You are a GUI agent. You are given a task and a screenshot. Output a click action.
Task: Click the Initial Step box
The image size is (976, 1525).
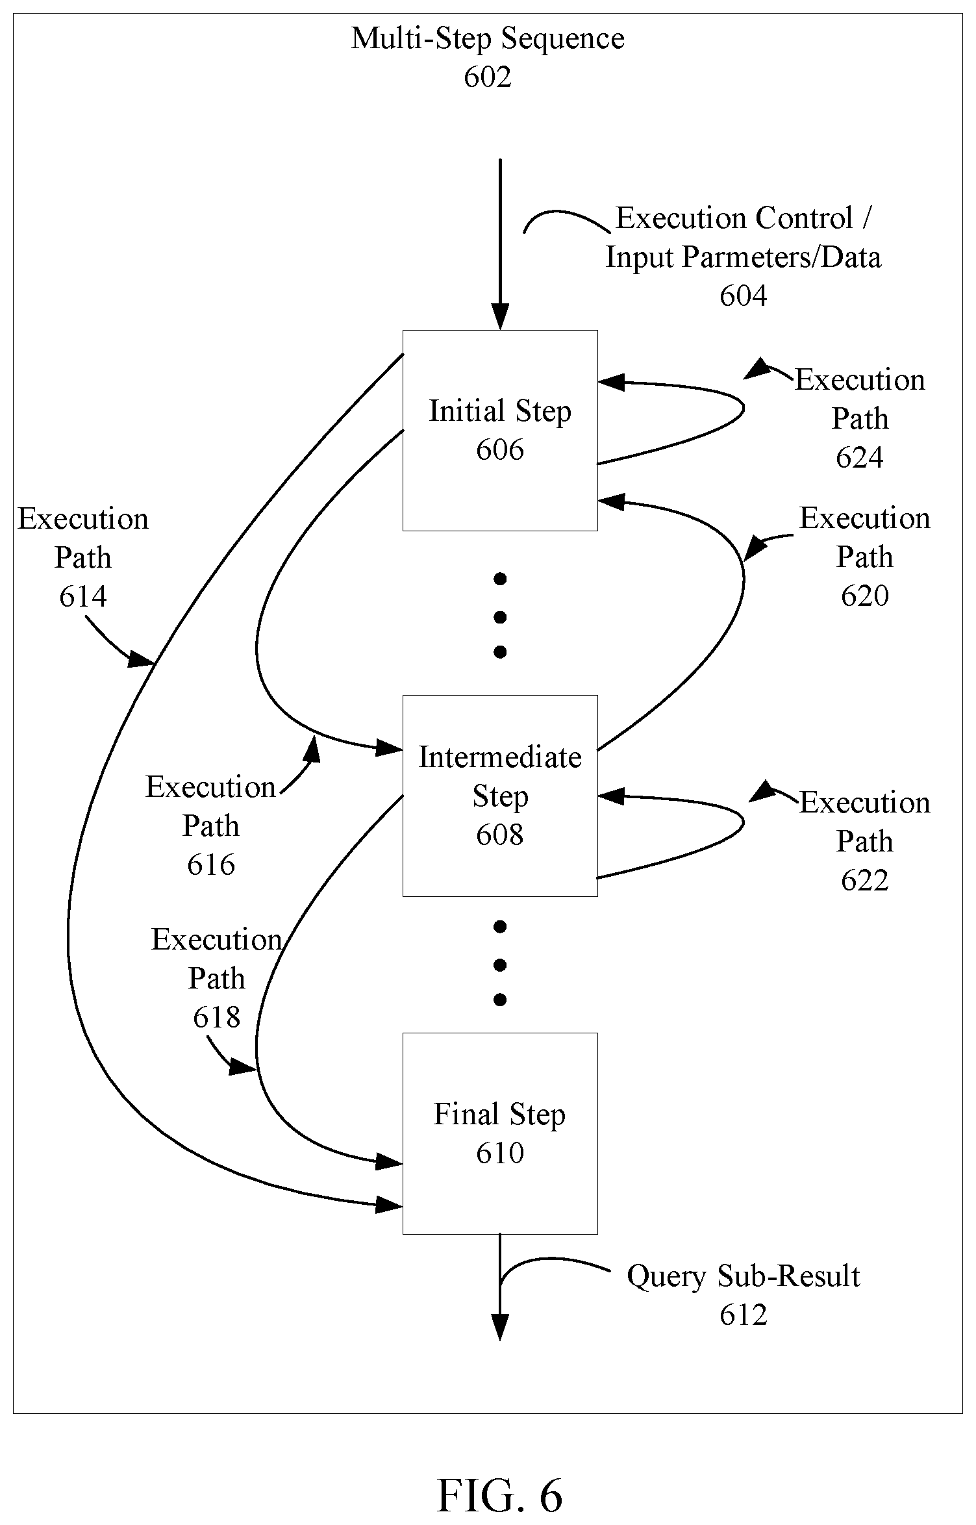500,431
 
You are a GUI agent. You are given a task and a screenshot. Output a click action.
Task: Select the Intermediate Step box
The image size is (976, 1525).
500,796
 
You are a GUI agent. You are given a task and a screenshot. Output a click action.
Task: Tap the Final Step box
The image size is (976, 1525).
500,1133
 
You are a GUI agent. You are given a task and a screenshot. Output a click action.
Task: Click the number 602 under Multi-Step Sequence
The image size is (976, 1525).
488,77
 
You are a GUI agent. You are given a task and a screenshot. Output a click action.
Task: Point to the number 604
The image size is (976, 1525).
744,296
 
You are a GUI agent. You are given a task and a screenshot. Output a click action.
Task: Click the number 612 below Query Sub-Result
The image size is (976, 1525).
744,1315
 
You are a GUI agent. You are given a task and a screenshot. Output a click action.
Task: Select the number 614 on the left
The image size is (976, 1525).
83,596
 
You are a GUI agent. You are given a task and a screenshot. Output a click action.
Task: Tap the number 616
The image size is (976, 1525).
211,864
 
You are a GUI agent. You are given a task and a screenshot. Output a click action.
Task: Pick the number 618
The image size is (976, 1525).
216,1017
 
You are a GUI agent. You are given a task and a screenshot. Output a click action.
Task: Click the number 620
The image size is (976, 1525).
865,596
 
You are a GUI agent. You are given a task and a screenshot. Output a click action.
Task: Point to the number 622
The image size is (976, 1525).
865,880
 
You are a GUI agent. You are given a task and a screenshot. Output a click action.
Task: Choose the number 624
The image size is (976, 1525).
860,457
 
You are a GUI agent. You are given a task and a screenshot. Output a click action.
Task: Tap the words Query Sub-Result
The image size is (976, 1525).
744,1277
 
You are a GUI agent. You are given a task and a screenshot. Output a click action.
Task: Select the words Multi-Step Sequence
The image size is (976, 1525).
488,39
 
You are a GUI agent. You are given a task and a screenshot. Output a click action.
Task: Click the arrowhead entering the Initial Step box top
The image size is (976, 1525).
500,318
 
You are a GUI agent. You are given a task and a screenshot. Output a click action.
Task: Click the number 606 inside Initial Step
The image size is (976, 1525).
500,450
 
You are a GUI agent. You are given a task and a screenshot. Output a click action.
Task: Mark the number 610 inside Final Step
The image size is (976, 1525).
500,1153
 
